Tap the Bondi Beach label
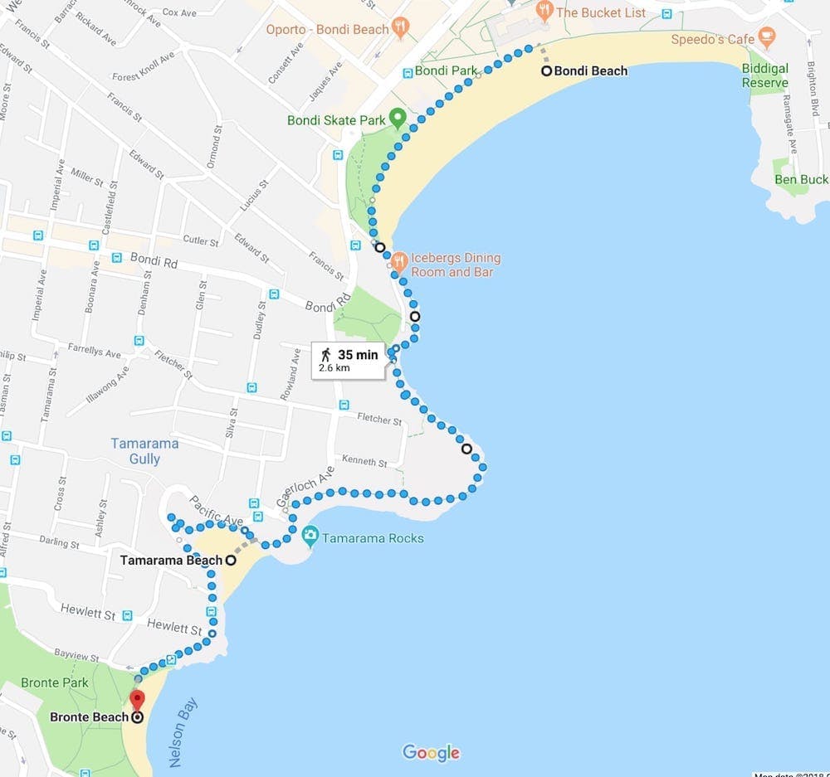click(590, 71)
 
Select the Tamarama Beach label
click(171, 560)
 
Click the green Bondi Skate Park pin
click(398, 118)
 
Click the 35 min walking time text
click(358, 355)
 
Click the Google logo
click(431, 752)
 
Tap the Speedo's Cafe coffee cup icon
click(766, 36)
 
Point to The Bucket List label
click(601, 12)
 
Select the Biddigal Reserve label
click(765, 75)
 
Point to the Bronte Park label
click(55, 682)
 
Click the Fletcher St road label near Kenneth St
click(378, 420)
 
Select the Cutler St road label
click(200, 241)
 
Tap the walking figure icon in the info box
click(326, 354)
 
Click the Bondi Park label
click(447, 70)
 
